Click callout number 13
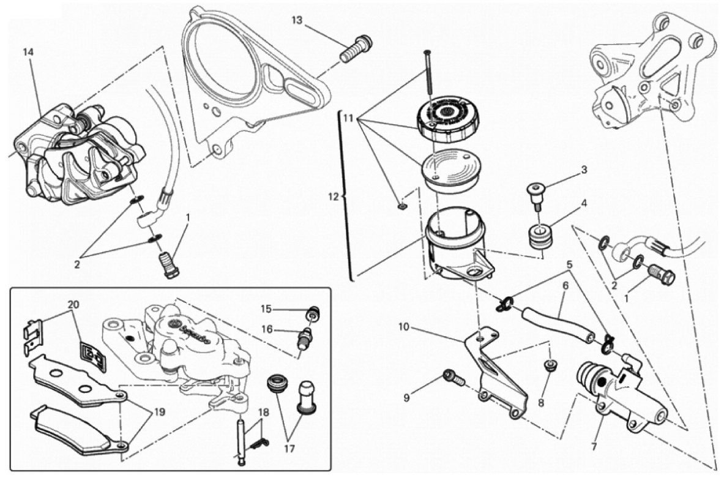[297, 20]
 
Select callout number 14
[28, 52]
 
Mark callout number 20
[73, 304]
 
